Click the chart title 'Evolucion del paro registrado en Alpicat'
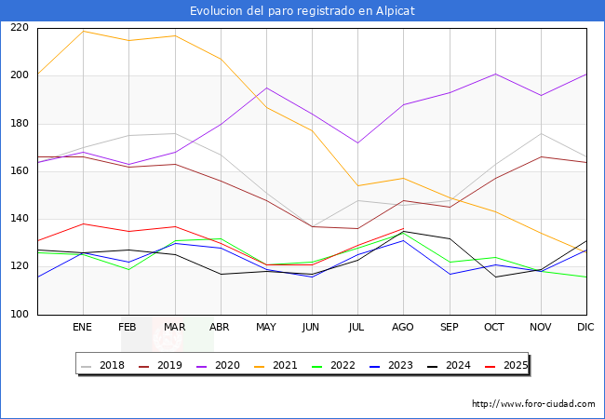(302, 10)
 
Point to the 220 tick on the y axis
(19, 28)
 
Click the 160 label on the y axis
(19, 171)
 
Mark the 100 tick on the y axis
(19, 315)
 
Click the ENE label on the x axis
(83, 327)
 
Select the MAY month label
(266, 327)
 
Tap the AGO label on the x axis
(403, 327)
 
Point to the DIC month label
(586, 327)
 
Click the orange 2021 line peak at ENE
(84, 31)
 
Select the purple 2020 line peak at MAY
(266, 88)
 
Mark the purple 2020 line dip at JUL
(357, 142)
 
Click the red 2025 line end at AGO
(403, 228)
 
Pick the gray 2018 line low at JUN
(312, 226)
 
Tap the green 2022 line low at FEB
(129, 269)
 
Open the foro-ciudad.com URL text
(533, 404)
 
